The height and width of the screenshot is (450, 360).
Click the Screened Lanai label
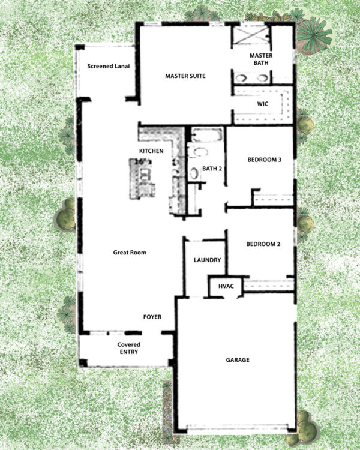(x=109, y=67)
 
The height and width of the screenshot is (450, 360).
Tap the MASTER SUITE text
(x=186, y=76)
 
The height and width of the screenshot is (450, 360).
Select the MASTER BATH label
(x=261, y=59)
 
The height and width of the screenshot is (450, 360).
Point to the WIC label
(x=262, y=104)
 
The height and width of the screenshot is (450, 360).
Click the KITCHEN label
(x=151, y=151)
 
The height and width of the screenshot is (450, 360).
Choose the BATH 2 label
(x=212, y=169)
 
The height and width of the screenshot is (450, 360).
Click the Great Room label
(x=130, y=253)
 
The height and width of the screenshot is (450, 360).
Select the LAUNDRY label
(x=208, y=260)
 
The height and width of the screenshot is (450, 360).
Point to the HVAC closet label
(x=226, y=287)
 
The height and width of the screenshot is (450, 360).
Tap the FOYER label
(x=152, y=317)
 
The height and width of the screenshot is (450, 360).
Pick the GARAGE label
(x=238, y=360)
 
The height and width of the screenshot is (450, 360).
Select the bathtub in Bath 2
(x=207, y=134)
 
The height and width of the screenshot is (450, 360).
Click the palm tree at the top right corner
(x=314, y=33)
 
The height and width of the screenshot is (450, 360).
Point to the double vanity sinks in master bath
(x=251, y=78)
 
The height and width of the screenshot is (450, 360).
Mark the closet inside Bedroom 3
(x=274, y=199)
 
